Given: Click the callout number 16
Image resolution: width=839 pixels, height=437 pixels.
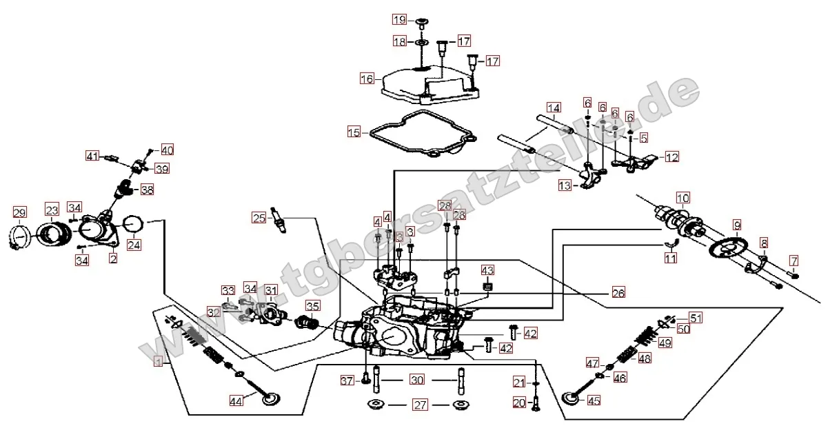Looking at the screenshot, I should pos(367,79).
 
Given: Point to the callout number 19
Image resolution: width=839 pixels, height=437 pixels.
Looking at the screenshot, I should pos(399,19).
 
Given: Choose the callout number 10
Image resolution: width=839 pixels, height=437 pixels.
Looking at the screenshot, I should pos(682,198).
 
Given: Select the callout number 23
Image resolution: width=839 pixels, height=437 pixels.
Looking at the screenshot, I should pos(52,210).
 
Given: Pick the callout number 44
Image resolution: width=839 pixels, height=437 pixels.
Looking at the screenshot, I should pos(236,400).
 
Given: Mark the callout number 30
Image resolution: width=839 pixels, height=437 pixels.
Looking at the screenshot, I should pos(416,380).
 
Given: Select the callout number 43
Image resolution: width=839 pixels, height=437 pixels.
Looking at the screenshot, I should pos(487,270).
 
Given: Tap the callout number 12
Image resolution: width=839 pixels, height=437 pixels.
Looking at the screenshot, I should pos(671,157).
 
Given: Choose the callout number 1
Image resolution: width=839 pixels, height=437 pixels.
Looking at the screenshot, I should pos(159,360).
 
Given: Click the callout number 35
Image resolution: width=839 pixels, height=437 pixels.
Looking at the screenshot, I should pos(313,306).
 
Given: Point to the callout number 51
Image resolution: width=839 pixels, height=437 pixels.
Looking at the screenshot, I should pos(696,318).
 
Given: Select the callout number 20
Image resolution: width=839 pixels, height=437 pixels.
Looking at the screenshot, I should pos(519,402).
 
